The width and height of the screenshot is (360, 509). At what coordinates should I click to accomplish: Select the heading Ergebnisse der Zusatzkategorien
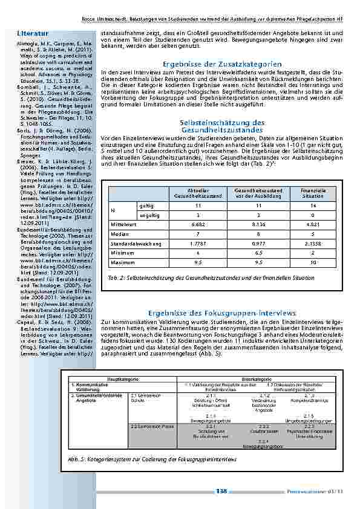222,63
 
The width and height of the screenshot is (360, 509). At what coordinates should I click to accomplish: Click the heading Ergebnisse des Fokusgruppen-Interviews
222,313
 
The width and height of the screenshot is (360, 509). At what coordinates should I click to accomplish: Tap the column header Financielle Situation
313,193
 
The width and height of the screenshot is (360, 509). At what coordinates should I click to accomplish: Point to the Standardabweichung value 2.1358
313,243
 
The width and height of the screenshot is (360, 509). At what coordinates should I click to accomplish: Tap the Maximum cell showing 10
313,263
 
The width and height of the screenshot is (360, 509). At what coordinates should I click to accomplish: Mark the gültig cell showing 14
313,206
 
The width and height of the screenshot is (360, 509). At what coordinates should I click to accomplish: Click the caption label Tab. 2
116,277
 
